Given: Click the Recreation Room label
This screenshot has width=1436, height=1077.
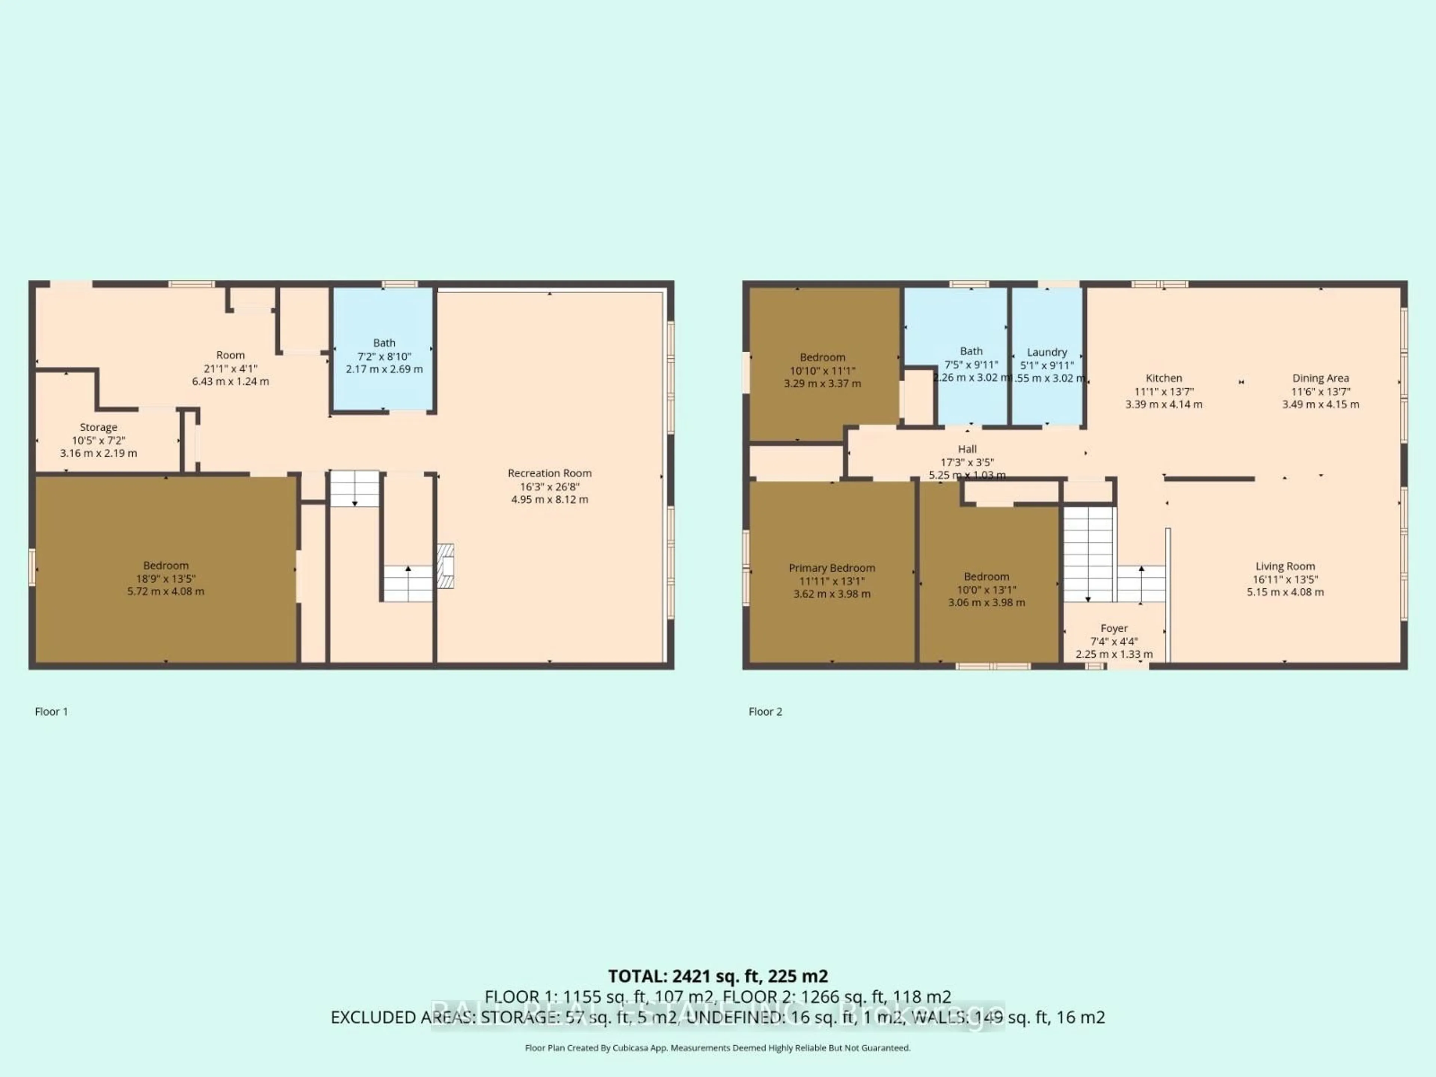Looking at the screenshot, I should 549,473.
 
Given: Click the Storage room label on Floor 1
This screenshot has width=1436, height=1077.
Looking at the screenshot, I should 99,427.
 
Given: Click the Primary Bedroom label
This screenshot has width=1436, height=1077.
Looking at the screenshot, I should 832,568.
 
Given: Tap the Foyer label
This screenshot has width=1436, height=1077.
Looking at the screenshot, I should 1114,628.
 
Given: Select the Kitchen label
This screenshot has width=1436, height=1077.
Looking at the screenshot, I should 1163,378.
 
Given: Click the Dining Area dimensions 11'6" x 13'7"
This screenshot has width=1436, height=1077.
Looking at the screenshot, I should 1320,392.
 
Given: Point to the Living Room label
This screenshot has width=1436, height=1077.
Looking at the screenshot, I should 1285,566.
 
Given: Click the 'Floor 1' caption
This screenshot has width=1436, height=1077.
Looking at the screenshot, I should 51,712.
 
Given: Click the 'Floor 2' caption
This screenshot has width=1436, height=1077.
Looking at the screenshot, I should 765,712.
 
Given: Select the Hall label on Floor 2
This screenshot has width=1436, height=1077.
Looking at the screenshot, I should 967,449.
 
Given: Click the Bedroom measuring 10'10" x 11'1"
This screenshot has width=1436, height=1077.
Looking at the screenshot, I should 822,371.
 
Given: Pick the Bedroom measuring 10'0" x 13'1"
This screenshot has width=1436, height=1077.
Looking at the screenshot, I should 986,589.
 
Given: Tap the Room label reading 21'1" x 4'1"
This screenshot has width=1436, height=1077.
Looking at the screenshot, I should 230,368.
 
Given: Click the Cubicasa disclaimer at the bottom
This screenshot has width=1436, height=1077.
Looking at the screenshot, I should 717,1048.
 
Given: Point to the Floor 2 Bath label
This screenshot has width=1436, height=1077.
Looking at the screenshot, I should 971,351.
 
